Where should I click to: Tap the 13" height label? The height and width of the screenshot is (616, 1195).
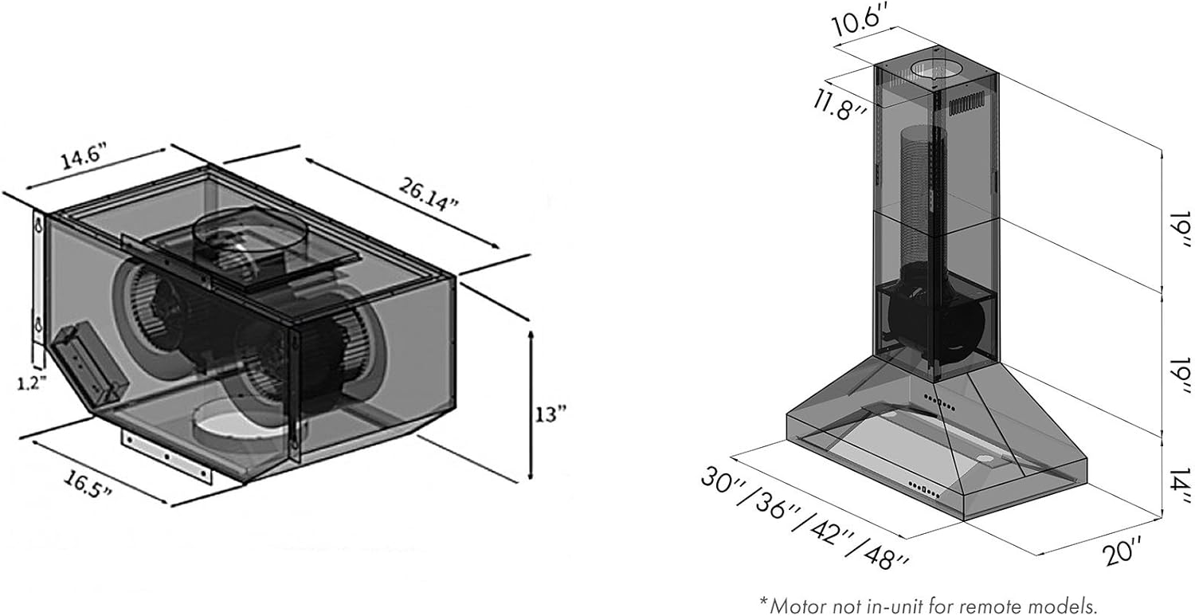click(550, 414)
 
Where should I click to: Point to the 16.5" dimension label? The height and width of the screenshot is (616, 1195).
click(88, 484)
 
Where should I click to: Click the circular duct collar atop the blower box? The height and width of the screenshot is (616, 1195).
click(249, 230)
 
